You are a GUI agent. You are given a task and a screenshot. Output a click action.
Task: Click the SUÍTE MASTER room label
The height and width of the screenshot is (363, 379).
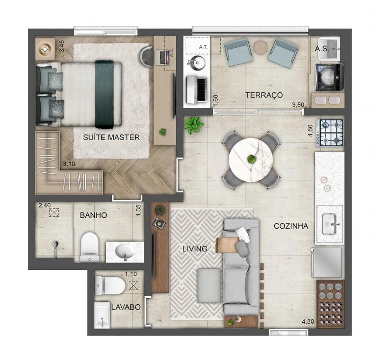[x=111, y=137]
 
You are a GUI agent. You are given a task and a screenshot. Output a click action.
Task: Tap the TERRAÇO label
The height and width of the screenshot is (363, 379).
[x=264, y=95]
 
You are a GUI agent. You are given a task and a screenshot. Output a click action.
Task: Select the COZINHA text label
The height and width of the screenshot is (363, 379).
[x=291, y=226]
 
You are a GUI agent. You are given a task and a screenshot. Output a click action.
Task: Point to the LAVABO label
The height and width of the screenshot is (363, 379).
[x=126, y=307]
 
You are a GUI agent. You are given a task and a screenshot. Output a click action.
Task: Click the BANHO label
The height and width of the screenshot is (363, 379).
[x=93, y=215]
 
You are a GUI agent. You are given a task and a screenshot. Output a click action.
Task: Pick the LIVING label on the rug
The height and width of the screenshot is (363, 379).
[x=195, y=249]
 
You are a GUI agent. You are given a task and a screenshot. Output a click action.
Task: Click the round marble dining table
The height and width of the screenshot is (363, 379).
[x=251, y=159]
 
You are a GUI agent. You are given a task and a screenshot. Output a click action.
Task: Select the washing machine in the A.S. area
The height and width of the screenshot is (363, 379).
[x=329, y=77]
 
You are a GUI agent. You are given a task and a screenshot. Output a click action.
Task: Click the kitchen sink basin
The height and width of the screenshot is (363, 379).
[x=329, y=224]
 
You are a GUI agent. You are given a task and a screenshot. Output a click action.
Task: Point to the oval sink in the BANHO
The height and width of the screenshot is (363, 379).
[x=125, y=251]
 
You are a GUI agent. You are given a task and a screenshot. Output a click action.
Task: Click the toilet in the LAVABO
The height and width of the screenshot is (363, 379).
[x=110, y=286]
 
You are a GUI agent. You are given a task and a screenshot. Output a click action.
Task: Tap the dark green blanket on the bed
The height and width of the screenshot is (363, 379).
[x=104, y=94]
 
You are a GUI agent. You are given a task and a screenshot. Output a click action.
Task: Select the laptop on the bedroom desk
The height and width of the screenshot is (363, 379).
[x=162, y=57]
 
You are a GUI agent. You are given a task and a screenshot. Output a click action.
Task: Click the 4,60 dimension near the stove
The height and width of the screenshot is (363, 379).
[x=310, y=131]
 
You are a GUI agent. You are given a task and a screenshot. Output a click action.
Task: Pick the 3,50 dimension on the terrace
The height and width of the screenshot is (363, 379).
[x=298, y=105]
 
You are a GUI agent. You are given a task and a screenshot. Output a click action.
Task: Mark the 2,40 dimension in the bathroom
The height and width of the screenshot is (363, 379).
[x=45, y=205]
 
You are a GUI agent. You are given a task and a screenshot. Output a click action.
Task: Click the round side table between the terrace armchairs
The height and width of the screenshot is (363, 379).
[x=261, y=47]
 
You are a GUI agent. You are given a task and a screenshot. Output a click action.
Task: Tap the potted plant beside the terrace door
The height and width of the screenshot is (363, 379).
[x=194, y=125]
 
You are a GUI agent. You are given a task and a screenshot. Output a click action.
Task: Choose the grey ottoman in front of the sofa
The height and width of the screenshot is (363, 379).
[x=209, y=285]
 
